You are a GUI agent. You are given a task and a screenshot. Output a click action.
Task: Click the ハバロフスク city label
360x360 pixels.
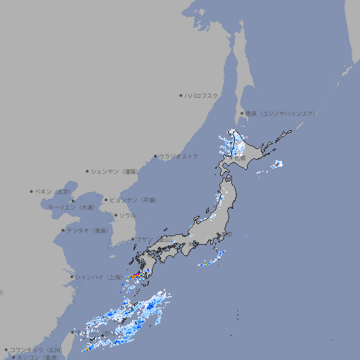[x=202, y=95]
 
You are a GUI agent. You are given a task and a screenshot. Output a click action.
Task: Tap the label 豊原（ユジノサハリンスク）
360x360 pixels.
[x=280, y=113]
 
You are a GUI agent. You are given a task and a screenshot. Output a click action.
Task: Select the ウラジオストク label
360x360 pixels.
[x=179, y=156]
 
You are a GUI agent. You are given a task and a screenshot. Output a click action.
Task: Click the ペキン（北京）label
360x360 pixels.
[x=53, y=191]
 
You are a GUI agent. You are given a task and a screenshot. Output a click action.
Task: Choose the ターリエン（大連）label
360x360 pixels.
[x=70, y=207]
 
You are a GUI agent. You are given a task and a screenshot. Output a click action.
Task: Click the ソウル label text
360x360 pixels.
[x=127, y=215]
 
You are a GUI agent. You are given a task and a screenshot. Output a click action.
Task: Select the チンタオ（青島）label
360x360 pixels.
[x=86, y=230]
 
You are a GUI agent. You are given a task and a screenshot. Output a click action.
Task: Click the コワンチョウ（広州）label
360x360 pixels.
[x=35, y=349]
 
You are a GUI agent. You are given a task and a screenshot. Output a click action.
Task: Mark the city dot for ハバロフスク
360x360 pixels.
[x=181, y=95]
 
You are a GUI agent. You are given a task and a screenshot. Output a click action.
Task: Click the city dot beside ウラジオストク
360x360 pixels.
[x=155, y=156]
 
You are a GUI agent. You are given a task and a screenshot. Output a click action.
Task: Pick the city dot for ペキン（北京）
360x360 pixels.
[x=31, y=191]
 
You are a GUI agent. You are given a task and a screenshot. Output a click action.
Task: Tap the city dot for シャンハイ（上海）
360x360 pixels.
[x=72, y=277]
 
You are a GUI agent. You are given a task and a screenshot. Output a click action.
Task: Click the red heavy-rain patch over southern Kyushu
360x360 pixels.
[x=136, y=276]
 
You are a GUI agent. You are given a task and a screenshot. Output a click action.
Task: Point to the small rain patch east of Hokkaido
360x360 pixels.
[x=278, y=164]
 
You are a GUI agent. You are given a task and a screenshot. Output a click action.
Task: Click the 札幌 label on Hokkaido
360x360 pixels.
[x=239, y=158]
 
